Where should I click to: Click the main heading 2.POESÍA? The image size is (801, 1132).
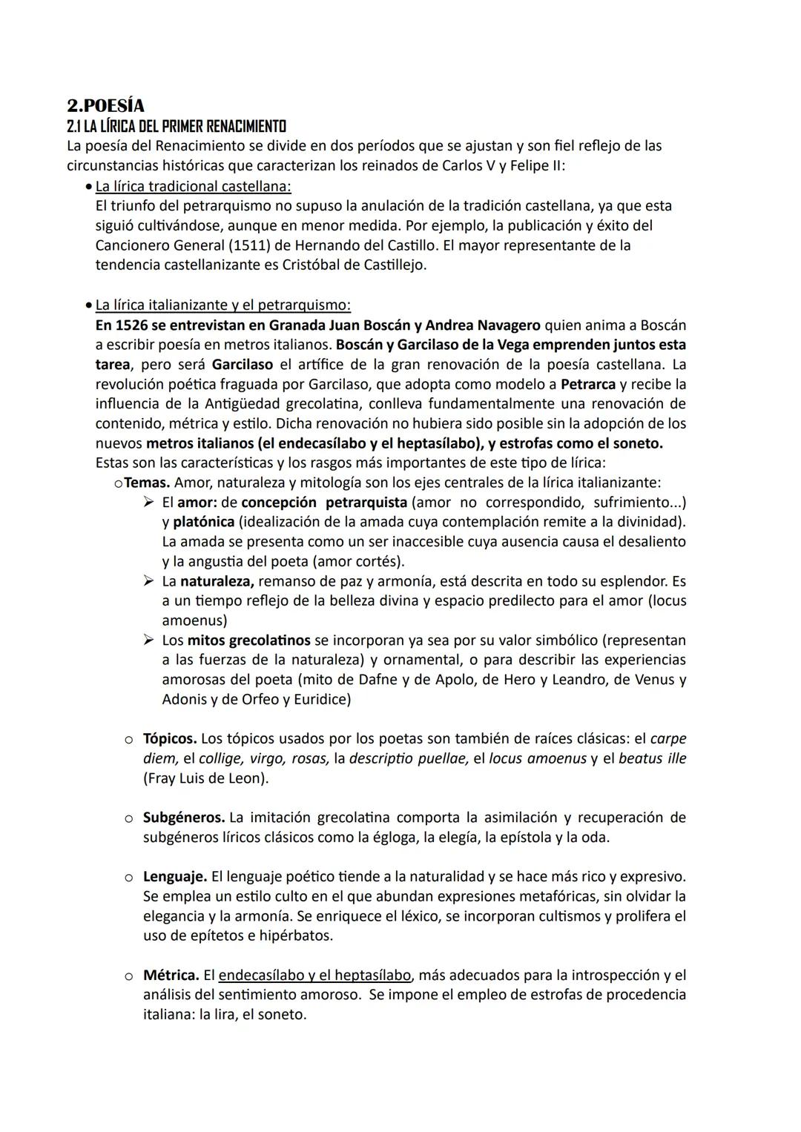click(105, 106)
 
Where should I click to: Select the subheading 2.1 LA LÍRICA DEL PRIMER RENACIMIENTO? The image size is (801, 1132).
click(177, 126)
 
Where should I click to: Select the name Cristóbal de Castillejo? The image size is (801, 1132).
click(355, 265)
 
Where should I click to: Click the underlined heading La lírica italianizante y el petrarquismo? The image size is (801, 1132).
click(222, 305)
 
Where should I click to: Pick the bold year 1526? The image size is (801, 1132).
click(132, 325)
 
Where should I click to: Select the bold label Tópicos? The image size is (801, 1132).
click(170, 738)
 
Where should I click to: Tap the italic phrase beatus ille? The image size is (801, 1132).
click(652, 758)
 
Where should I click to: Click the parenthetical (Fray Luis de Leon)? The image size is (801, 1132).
click(205, 778)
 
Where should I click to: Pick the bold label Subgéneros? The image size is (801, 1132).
click(184, 817)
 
